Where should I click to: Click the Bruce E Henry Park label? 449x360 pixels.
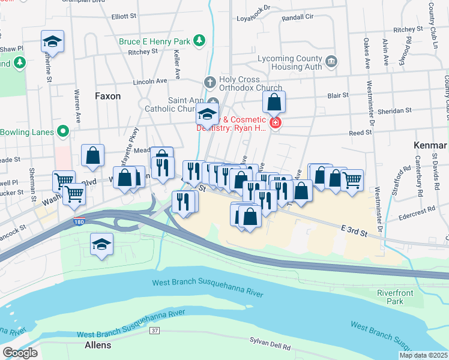[x=154, y=41]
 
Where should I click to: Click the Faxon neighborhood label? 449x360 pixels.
[x=108, y=96]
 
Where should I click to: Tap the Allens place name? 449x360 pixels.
[x=98, y=346]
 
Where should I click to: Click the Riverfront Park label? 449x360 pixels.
[x=391, y=296]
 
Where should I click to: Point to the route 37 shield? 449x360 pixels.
[x=155, y=331]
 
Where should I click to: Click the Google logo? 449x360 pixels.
[x=19, y=353]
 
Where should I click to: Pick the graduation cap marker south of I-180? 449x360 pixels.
[x=101, y=244]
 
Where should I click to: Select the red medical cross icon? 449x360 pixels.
[x=275, y=123]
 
